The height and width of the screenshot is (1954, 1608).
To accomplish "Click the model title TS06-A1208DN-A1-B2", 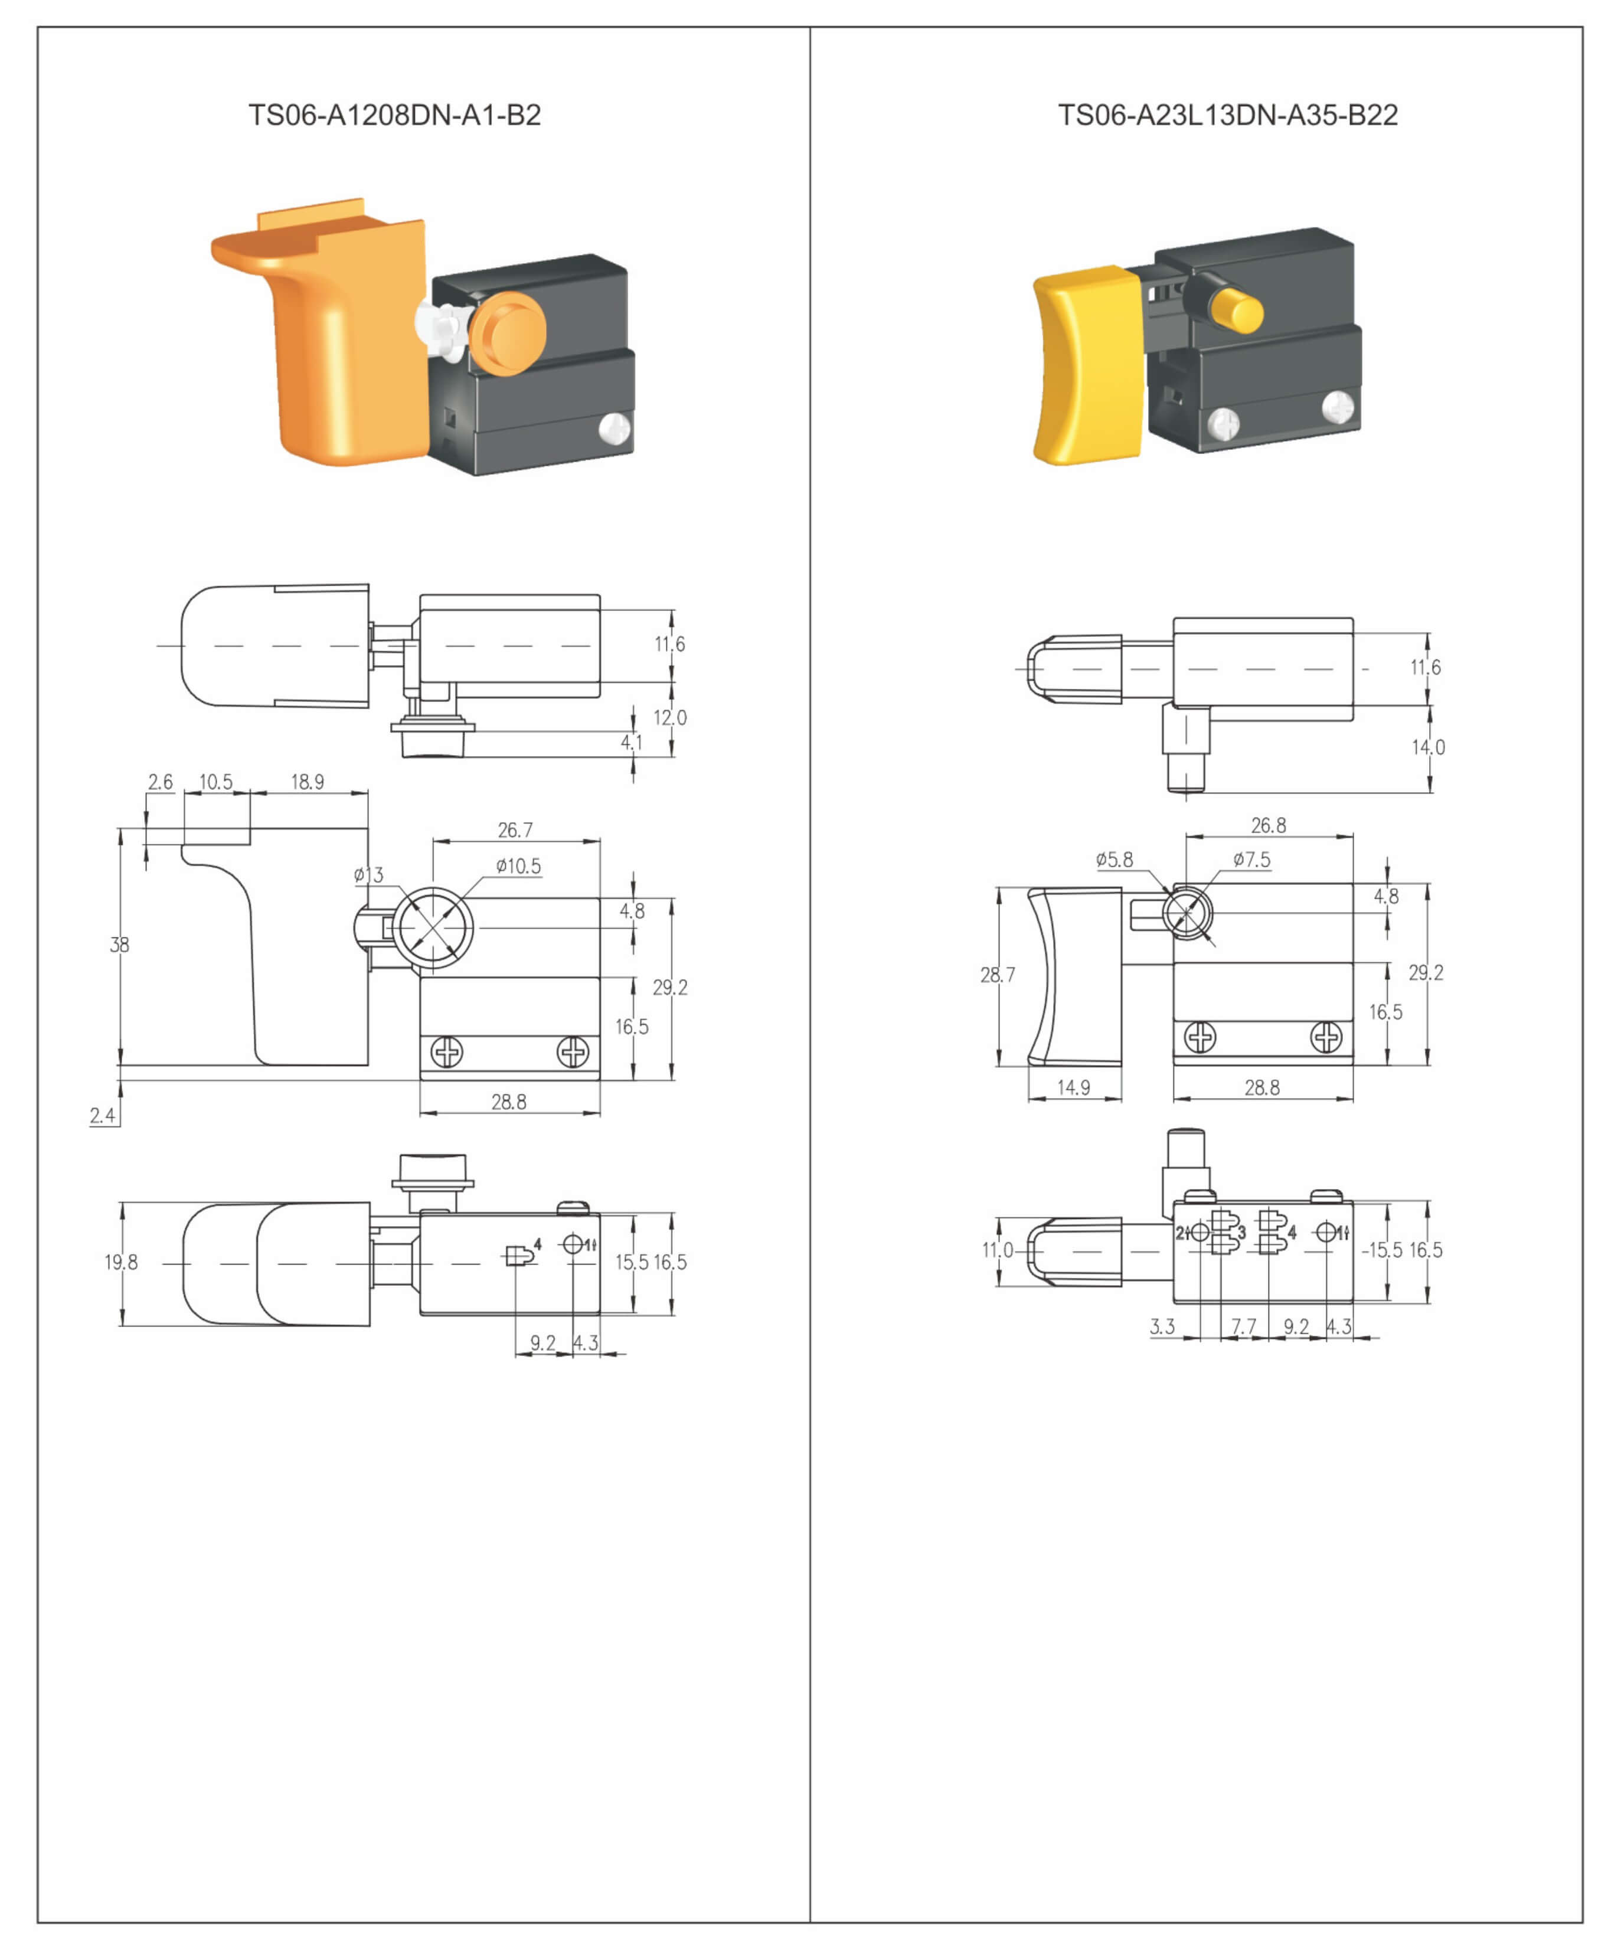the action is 394,115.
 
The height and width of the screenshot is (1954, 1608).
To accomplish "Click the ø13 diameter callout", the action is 369,875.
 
